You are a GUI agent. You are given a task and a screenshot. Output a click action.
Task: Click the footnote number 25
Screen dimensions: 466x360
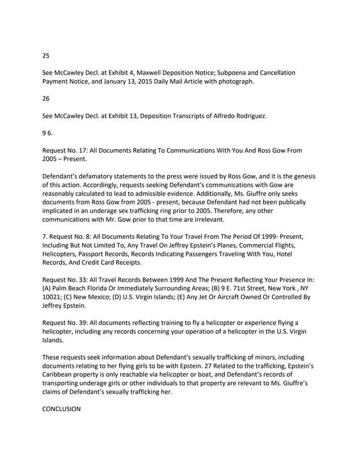[x=46, y=55]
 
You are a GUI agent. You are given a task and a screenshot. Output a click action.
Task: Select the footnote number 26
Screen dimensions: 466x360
[x=46, y=99]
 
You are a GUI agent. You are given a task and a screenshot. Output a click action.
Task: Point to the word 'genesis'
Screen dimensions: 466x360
[x=302, y=176]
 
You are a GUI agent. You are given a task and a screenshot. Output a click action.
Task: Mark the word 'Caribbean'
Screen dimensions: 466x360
[x=60, y=375]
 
